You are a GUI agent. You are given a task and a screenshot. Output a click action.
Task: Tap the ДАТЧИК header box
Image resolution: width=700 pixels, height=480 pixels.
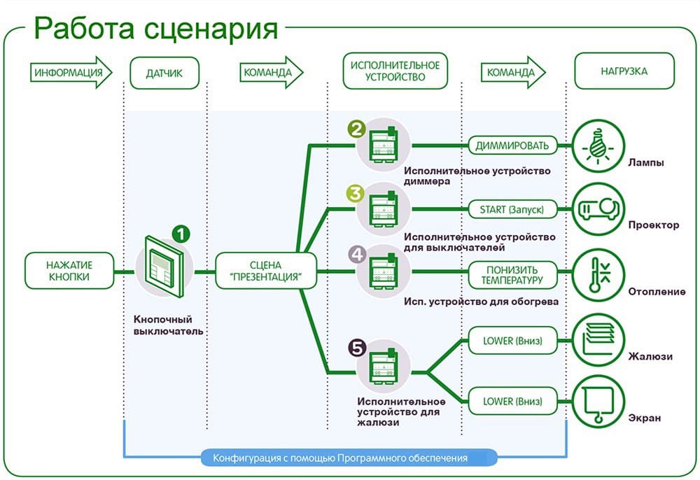(164, 72)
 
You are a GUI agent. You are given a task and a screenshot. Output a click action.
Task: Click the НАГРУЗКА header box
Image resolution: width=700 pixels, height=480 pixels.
(624, 71)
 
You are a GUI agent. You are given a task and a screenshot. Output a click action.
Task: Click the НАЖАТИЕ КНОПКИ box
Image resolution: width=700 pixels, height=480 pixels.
(69, 271)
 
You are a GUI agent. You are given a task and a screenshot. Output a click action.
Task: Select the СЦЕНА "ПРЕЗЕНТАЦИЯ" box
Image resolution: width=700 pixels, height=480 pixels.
(265, 271)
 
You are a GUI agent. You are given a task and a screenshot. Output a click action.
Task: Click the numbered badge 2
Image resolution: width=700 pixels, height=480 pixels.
(357, 129)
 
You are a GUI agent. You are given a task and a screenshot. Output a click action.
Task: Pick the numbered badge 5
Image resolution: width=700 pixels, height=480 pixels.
(357, 346)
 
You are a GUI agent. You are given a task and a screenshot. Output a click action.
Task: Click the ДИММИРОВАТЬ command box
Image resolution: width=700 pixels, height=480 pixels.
(512, 146)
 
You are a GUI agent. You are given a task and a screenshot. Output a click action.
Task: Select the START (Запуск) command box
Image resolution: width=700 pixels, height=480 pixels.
(512, 209)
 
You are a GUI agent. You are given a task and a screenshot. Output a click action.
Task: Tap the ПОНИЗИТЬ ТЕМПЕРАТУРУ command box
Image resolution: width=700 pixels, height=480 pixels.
(512, 274)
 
